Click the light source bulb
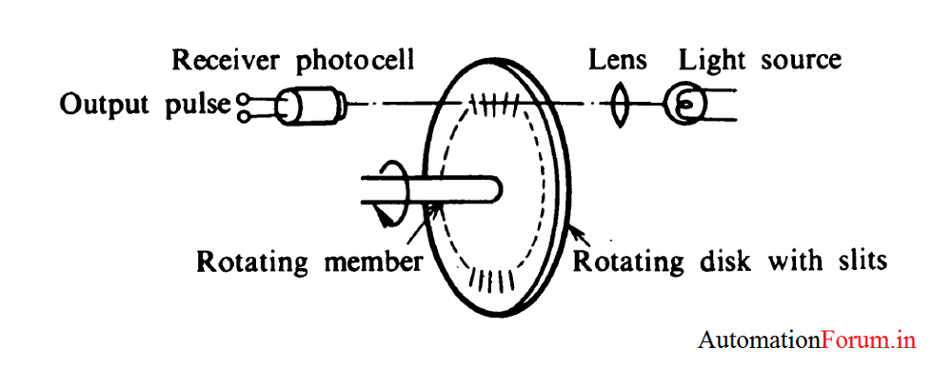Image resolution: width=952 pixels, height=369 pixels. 684,104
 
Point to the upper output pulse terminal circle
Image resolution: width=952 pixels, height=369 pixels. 245,96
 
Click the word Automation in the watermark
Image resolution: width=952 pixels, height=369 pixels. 759,340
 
